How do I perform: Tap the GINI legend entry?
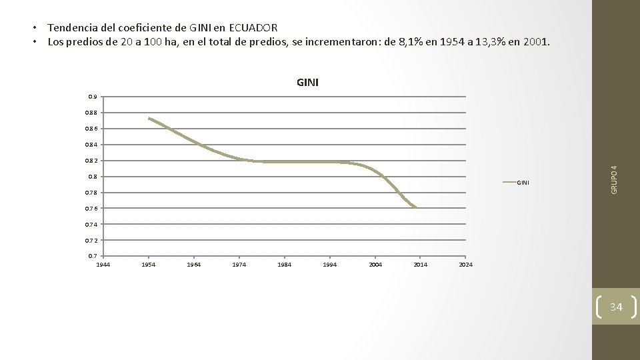(x=523, y=183)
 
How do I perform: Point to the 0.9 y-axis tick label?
(x=93, y=97)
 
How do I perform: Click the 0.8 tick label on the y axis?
(x=93, y=177)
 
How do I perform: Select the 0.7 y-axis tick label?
(x=93, y=256)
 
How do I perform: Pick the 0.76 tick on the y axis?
(x=91, y=209)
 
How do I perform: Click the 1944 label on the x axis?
(x=103, y=265)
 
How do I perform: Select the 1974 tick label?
(x=239, y=265)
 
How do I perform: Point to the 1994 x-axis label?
(x=329, y=265)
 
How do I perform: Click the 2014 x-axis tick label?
(x=420, y=265)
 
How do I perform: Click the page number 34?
(x=615, y=307)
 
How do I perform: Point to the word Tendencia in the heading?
(x=75, y=27)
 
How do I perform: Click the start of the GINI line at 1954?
(x=149, y=119)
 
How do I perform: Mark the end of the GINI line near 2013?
(x=415, y=207)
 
